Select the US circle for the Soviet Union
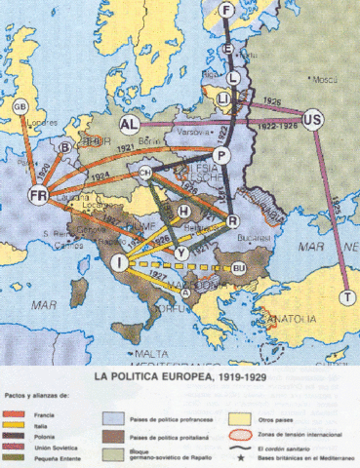pyautogui.click(x=313, y=119)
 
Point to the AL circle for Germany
pyautogui.click(x=130, y=125)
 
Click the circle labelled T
pyautogui.click(x=348, y=296)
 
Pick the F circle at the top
pyautogui.click(x=228, y=11)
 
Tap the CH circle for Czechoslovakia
pyautogui.click(x=145, y=173)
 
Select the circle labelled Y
pyautogui.click(x=182, y=251)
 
